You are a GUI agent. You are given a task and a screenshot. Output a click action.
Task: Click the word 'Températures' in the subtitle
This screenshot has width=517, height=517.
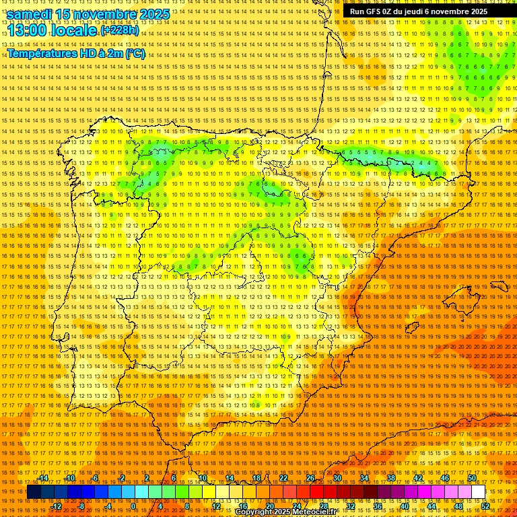point(43,53)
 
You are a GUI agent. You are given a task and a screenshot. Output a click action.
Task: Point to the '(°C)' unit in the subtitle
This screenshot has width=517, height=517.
point(135,53)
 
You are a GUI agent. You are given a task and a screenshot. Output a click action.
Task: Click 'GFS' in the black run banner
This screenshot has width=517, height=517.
point(374,11)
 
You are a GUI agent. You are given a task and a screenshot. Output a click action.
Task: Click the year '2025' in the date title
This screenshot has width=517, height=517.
point(151,14)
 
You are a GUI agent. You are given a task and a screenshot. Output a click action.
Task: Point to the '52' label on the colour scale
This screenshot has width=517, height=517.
point(485,506)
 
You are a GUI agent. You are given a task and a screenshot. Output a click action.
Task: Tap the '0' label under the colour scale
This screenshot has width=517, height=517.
point(133,506)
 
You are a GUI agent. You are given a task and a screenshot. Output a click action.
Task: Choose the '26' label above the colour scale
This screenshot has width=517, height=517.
point(310,478)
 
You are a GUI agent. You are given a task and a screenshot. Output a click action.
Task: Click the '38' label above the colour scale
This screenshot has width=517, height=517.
point(390,478)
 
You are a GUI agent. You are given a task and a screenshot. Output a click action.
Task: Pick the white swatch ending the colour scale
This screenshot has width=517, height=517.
point(478,492)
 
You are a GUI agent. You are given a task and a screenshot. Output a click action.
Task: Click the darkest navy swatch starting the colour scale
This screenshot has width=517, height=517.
point(34,492)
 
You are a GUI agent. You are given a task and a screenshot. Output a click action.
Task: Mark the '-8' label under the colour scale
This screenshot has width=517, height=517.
point(81,506)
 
